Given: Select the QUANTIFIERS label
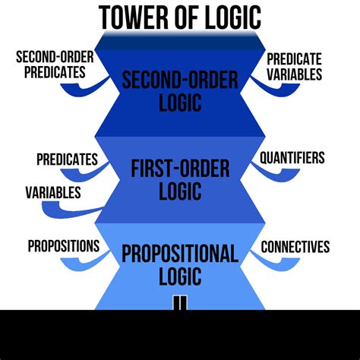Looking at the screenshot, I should tap(292, 158).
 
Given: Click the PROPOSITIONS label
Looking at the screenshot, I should tap(64, 246).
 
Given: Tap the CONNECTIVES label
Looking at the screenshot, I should tap(295, 246).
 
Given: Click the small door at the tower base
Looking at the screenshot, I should tap(179, 302).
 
